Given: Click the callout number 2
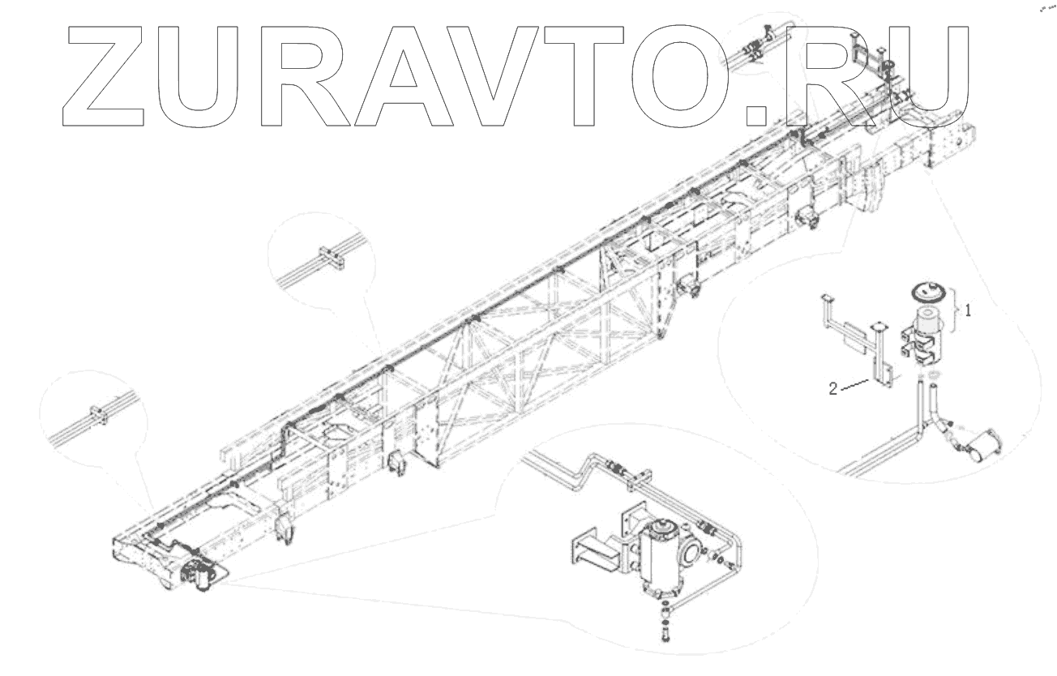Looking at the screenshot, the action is point(832,388).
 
